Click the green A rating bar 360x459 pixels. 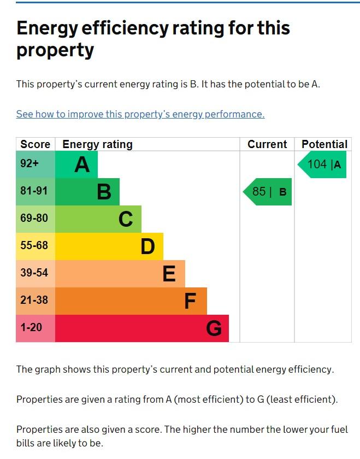click(76, 164)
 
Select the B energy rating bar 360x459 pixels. click(87, 192)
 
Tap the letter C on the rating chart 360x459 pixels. click(126, 219)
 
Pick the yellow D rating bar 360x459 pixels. click(109, 246)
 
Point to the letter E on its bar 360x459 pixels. click(169, 274)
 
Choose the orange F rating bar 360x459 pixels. click(131, 301)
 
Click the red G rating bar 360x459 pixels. click(142, 328)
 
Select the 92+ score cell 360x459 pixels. click(36, 164)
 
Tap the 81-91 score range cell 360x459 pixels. click(36, 192)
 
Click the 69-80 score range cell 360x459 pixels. click(36, 219)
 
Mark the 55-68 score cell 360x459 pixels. click(36, 246)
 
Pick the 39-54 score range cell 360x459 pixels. click(36, 274)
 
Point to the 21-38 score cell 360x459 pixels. click(36, 301)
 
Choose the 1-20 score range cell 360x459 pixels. click(36, 328)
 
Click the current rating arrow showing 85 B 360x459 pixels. click(268, 192)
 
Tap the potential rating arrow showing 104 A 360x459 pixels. click(323, 164)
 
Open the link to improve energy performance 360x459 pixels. click(140, 114)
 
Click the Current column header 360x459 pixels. click(267, 144)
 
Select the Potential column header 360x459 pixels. click(324, 144)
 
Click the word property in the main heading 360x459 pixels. click(55, 50)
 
